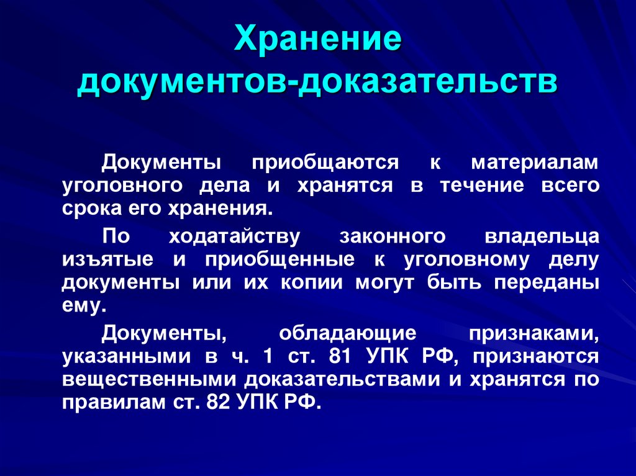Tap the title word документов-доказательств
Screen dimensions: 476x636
click(x=317, y=83)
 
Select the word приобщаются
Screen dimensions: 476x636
click(x=325, y=163)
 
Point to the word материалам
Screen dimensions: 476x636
click(x=535, y=163)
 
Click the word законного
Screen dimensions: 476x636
click(x=393, y=236)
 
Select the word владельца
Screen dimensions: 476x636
click(x=542, y=236)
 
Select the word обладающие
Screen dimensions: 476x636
click(x=347, y=334)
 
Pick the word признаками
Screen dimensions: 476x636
click(x=534, y=334)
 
